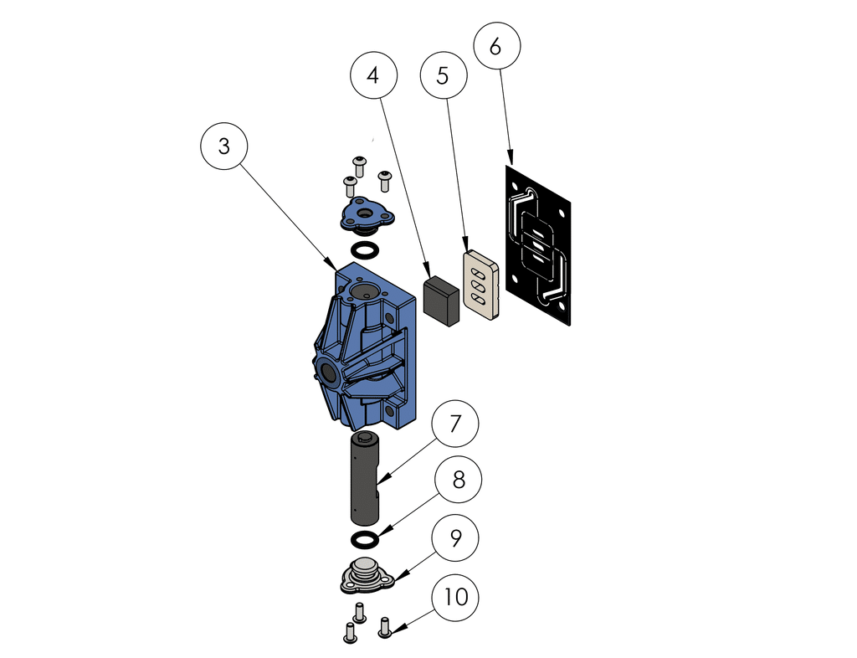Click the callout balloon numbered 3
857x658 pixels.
coord(223,146)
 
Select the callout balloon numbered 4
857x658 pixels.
coord(372,75)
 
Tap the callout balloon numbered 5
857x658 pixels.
coord(443,75)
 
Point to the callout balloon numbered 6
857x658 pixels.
coord(495,47)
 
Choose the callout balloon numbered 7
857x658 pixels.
coord(454,424)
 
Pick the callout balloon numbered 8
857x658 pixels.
coord(458,480)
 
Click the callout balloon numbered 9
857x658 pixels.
coord(454,537)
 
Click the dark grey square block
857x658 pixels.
coord(441,301)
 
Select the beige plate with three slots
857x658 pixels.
coord(481,285)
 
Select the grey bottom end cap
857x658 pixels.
coord(365,576)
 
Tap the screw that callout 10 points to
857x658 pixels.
coord(385,626)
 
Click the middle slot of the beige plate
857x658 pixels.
coord(480,284)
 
